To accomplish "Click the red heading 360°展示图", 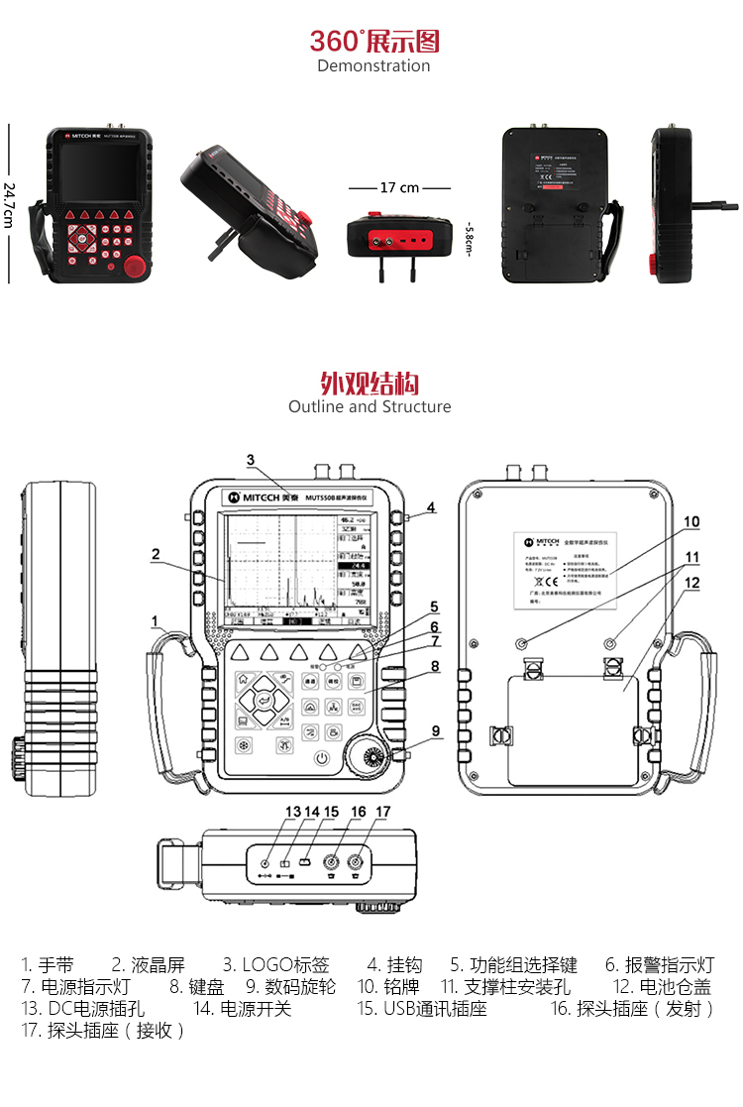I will (373, 42).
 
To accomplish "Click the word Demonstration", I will (373, 66).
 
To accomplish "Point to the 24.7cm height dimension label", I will (9, 204).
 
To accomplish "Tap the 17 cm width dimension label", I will (399, 187).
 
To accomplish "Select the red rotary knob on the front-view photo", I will (135, 266).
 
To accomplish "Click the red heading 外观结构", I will (370, 384).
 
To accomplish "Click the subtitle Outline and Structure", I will (370, 407).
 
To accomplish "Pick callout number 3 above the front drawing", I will (251, 460).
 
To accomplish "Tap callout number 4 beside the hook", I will (431, 508).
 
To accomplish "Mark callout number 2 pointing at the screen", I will (156, 554).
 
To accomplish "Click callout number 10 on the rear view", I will (691, 521).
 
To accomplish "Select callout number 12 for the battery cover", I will (691, 583).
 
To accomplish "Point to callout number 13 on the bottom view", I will (293, 812).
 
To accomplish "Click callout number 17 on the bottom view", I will (383, 812).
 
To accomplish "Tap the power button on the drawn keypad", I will (321, 758).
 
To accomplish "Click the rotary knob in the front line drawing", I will (375, 757).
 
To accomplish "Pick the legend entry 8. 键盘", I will (197, 988).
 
